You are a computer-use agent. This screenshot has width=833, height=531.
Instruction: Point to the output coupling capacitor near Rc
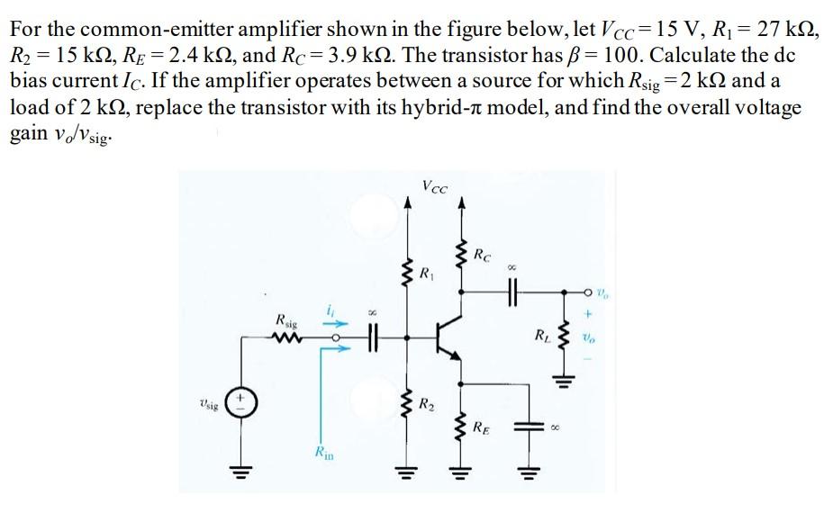512,291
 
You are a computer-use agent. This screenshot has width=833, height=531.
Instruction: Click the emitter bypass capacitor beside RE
525,430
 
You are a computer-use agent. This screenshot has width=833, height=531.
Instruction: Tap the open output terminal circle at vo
588,291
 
